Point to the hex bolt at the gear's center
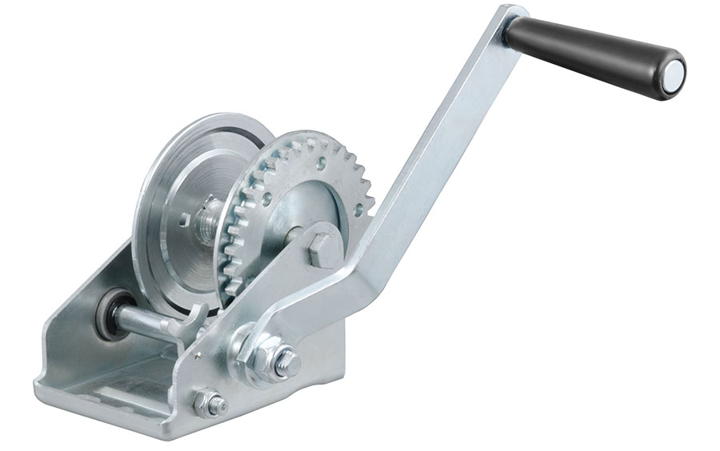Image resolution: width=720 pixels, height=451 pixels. tap(324, 250)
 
